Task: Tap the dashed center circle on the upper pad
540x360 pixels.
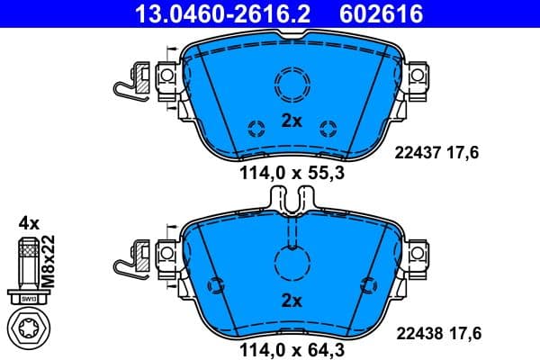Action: point(292,86)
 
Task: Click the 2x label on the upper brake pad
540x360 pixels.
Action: point(292,121)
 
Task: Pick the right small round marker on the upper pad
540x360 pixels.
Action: point(329,125)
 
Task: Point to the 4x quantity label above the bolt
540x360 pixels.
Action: point(28,221)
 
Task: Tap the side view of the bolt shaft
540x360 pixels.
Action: point(27,265)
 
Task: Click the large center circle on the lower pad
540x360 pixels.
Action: point(292,264)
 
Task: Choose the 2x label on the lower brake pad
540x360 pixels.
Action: point(292,301)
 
